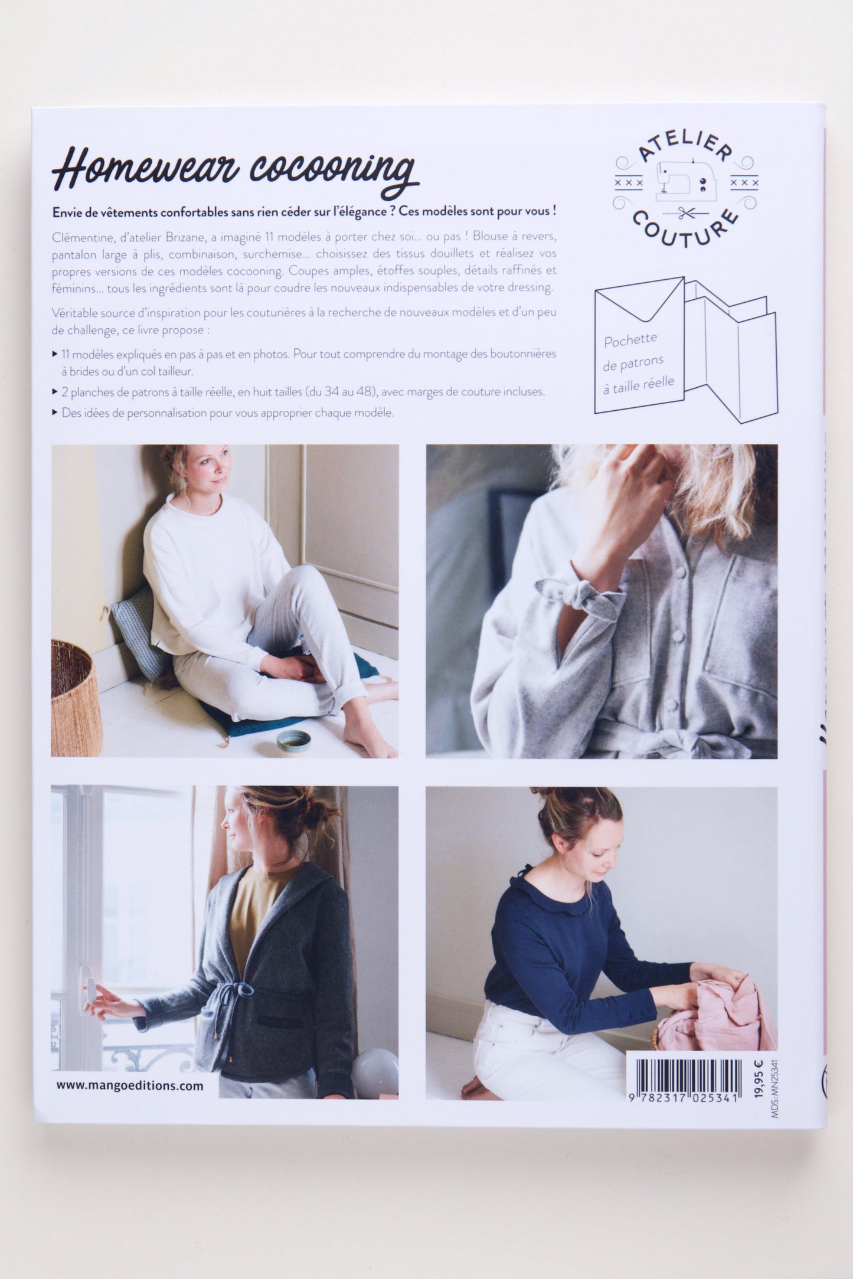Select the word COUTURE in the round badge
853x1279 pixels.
click(x=685, y=227)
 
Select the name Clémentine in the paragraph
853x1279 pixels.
click(x=78, y=236)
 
